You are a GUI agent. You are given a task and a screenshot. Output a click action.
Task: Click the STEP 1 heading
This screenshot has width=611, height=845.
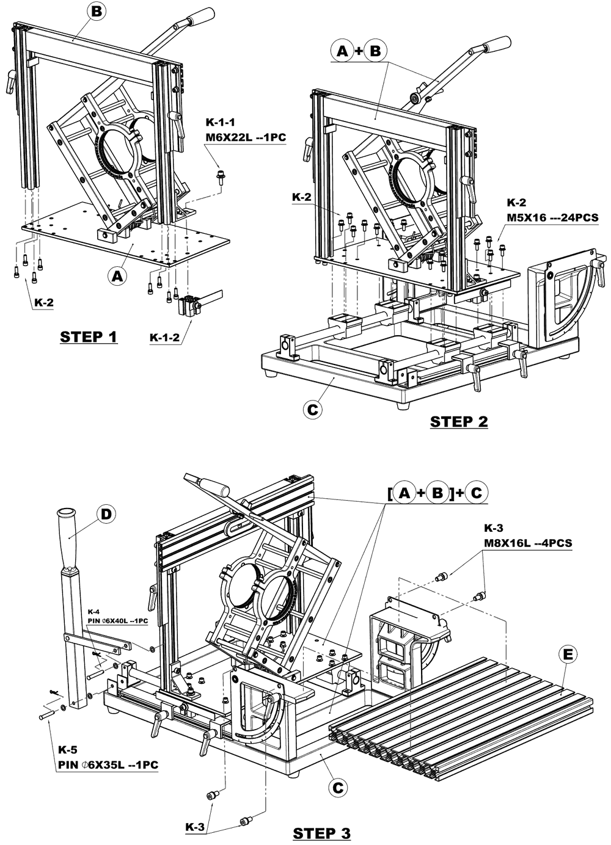pos(89,336)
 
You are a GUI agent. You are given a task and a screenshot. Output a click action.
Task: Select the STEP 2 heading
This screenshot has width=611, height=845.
pos(459,421)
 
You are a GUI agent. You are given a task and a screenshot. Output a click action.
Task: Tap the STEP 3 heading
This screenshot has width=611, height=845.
pos(322,833)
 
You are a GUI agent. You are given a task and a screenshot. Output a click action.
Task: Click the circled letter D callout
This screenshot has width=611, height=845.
pos(106,514)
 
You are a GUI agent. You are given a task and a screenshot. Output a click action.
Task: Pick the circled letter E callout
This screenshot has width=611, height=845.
pos(568,655)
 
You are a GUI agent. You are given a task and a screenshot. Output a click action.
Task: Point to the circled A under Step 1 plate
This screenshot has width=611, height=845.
pos(118,276)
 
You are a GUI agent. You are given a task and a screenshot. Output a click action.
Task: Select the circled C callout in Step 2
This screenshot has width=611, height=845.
pos(312,410)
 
